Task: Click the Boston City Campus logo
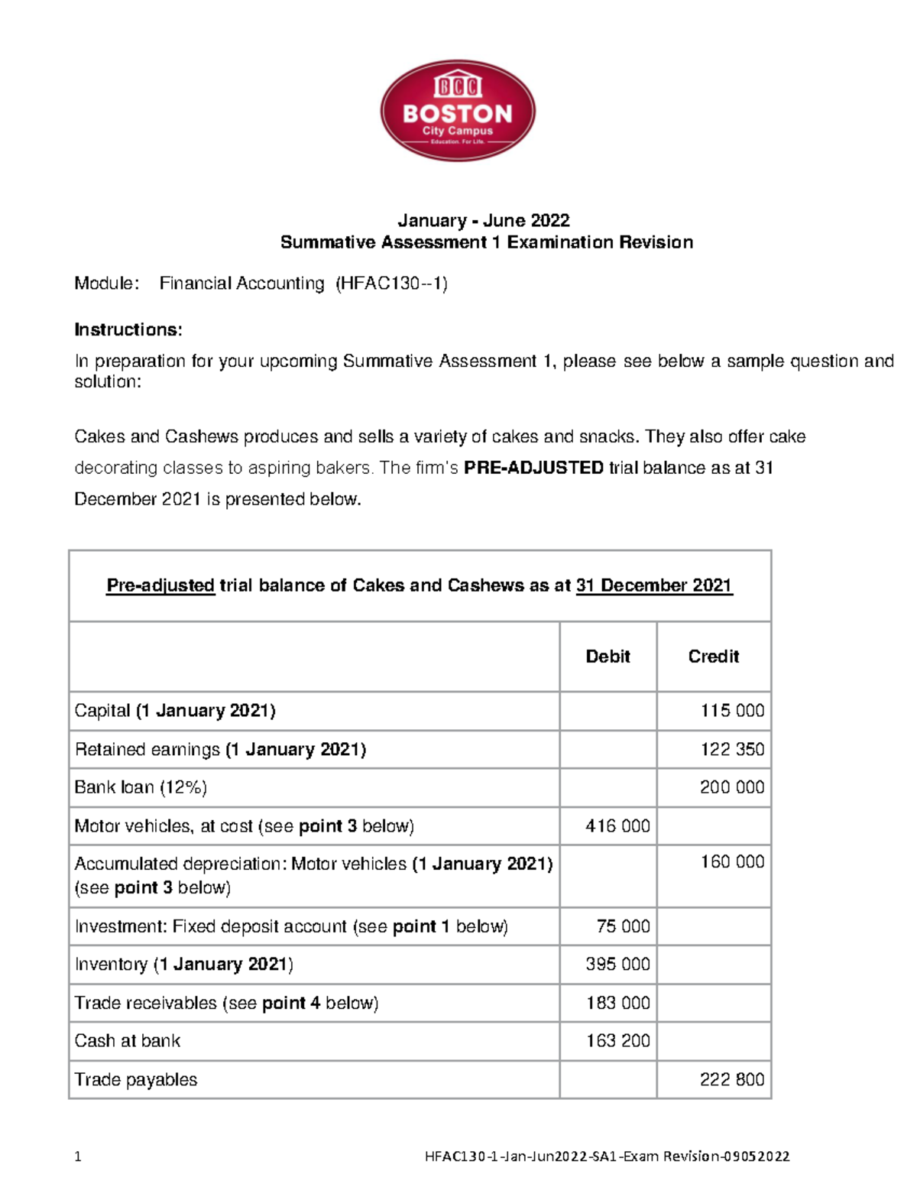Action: pos(458,111)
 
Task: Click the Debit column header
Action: pos(608,657)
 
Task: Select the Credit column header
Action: pos(713,657)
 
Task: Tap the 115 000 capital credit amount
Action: pos(732,711)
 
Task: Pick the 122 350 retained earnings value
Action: pos(732,749)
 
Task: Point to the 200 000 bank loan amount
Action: pos(732,787)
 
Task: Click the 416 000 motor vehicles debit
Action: pos(617,826)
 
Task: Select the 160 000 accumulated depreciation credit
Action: pos(732,862)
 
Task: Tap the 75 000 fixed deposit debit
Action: pos(623,926)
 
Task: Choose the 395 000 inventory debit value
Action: pos(617,965)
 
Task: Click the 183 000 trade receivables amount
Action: pos(617,1003)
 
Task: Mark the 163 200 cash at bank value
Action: pos(617,1041)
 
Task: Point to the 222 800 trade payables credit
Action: pos(732,1079)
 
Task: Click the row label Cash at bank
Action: pos(128,1041)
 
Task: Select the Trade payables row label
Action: pos(136,1079)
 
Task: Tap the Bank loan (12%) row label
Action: pos(141,787)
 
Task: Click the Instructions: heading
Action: pos(128,329)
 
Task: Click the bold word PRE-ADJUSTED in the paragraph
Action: pos(533,468)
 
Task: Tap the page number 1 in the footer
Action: pos(78,1156)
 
